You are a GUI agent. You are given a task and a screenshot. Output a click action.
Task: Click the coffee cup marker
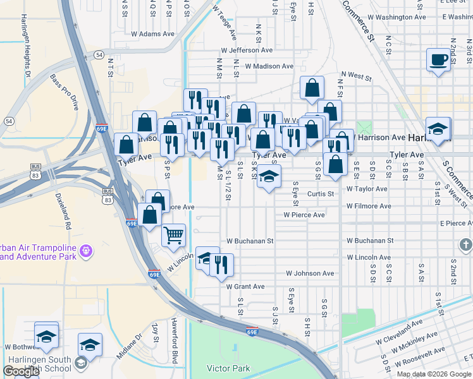(x=438, y=60)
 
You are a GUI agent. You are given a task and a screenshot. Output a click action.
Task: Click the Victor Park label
(x=228, y=368)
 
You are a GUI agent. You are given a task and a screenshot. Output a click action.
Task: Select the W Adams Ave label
(x=152, y=33)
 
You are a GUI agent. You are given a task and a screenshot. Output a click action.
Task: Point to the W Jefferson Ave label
(x=247, y=50)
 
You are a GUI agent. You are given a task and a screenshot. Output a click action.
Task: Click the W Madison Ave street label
(x=269, y=66)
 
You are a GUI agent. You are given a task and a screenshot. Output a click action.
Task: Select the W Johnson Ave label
(x=309, y=274)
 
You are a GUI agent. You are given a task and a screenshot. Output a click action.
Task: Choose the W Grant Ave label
(x=245, y=286)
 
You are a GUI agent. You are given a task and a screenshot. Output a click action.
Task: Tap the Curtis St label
(x=320, y=194)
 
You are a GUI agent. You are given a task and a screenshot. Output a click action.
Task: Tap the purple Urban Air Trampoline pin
(x=87, y=252)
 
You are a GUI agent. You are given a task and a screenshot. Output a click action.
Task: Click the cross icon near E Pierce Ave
(x=465, y=244)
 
